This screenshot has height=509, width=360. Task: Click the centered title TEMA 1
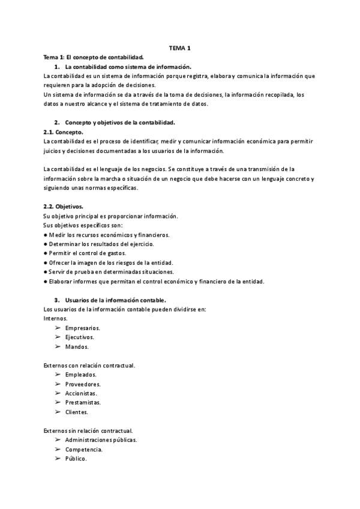click(x=181, y=48)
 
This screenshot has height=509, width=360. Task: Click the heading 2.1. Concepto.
click(x=64, y=131)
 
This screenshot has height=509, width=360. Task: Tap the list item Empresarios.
click(x=83, y=328)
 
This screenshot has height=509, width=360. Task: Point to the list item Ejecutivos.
click(x=79, y=337)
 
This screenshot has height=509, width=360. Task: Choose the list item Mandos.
click(x=77, y=346)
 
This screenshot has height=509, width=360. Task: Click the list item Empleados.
click(x=80, y=375)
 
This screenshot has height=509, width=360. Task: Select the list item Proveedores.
click(x=83, y=384)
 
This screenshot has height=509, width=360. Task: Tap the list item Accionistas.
click(x=81, y=393)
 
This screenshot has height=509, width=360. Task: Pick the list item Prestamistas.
click(x=83, y=402)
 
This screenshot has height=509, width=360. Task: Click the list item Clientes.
click(x=77, y=412)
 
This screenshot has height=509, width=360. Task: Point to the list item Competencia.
click(x=83, y=449)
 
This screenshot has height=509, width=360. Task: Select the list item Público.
click(x=76, y=459)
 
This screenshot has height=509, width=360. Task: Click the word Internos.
click(x=56, y=318)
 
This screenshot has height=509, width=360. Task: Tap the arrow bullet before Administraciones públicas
click(x=58, y=439)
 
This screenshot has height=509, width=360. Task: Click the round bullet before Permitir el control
click(x=46, y=253)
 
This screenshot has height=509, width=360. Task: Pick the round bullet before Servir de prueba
click(x=46, y=272)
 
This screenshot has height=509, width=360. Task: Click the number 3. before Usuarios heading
click(x=56, y=300)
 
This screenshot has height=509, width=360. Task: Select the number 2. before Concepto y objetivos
click(x=56, y=122)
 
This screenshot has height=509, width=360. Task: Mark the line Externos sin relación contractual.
click(x=88, y=430)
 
